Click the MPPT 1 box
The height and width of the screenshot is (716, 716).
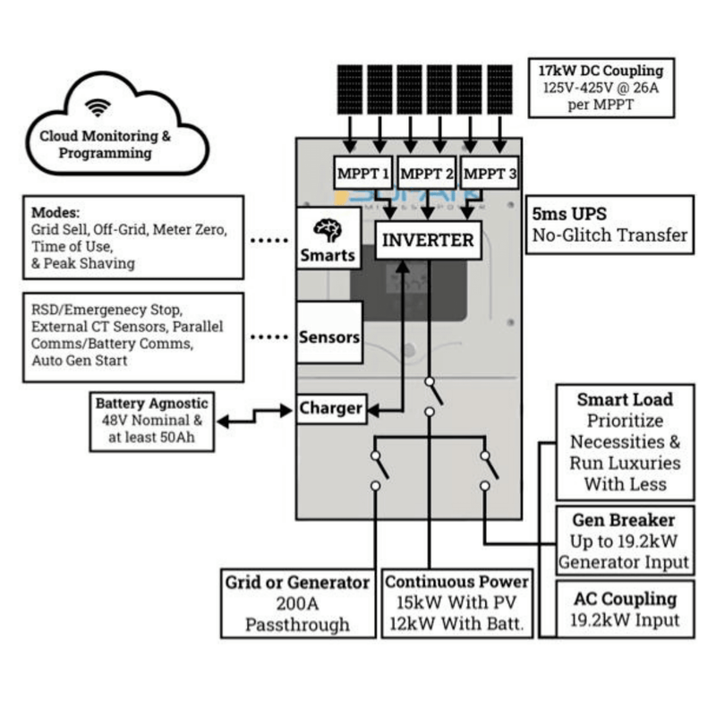click(x=363, y=174)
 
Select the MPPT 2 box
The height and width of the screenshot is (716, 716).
click(x=426, y=174)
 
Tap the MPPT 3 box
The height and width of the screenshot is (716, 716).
click(x=490, y=174)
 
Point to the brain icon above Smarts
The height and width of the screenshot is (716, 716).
click(x=328, y=230)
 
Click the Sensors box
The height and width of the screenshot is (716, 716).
click(x=328, y=337)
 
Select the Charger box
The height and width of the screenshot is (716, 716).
click(x=330, y=409)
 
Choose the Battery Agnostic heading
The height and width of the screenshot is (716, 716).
click(x=151, y=404)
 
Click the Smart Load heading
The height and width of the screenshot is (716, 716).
click(x=624, y=399)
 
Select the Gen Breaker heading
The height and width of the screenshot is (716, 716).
click(x=624, y=520)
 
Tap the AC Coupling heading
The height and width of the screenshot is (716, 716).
click(x=624, y=599)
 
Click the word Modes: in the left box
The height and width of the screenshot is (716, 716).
click(x=56, y=214)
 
